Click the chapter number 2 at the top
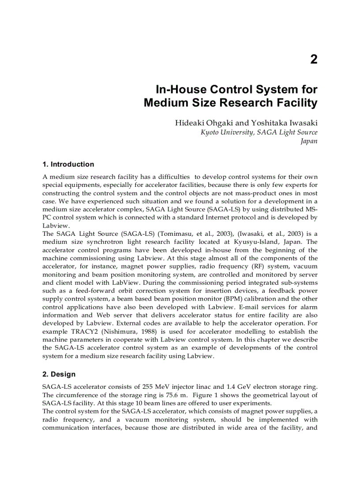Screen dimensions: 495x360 [x=314, y=60]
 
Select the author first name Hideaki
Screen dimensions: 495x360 [x=190, y=123]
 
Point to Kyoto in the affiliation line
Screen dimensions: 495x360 [x=210, y=132]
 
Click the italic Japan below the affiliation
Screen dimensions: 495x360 [x=309, y=141]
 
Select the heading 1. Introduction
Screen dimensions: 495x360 [x=68, y=164]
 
